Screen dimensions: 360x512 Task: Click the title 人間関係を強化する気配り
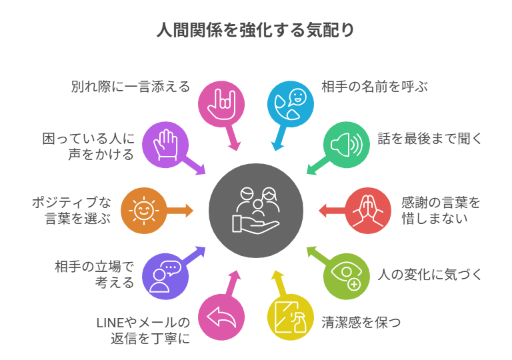coord(255,31)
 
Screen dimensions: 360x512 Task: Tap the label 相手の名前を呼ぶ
coord(374,87)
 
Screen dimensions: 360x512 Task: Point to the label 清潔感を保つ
coord(361,323)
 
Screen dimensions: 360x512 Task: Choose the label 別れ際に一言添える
coord(131,87)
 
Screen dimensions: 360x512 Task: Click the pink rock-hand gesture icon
coord(221,103)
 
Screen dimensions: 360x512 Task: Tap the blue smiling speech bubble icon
coord(290,103)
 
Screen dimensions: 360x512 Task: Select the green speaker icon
coord(346,144)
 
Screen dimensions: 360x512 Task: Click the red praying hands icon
coord(368,210)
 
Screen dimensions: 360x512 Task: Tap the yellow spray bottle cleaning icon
coord(290,317)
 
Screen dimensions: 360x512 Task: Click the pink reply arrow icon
coord(221,317)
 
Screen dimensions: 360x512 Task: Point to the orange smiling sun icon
coord(143,211)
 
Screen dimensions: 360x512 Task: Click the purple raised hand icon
coord(165,144)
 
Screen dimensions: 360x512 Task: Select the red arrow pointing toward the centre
coord(331,211)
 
